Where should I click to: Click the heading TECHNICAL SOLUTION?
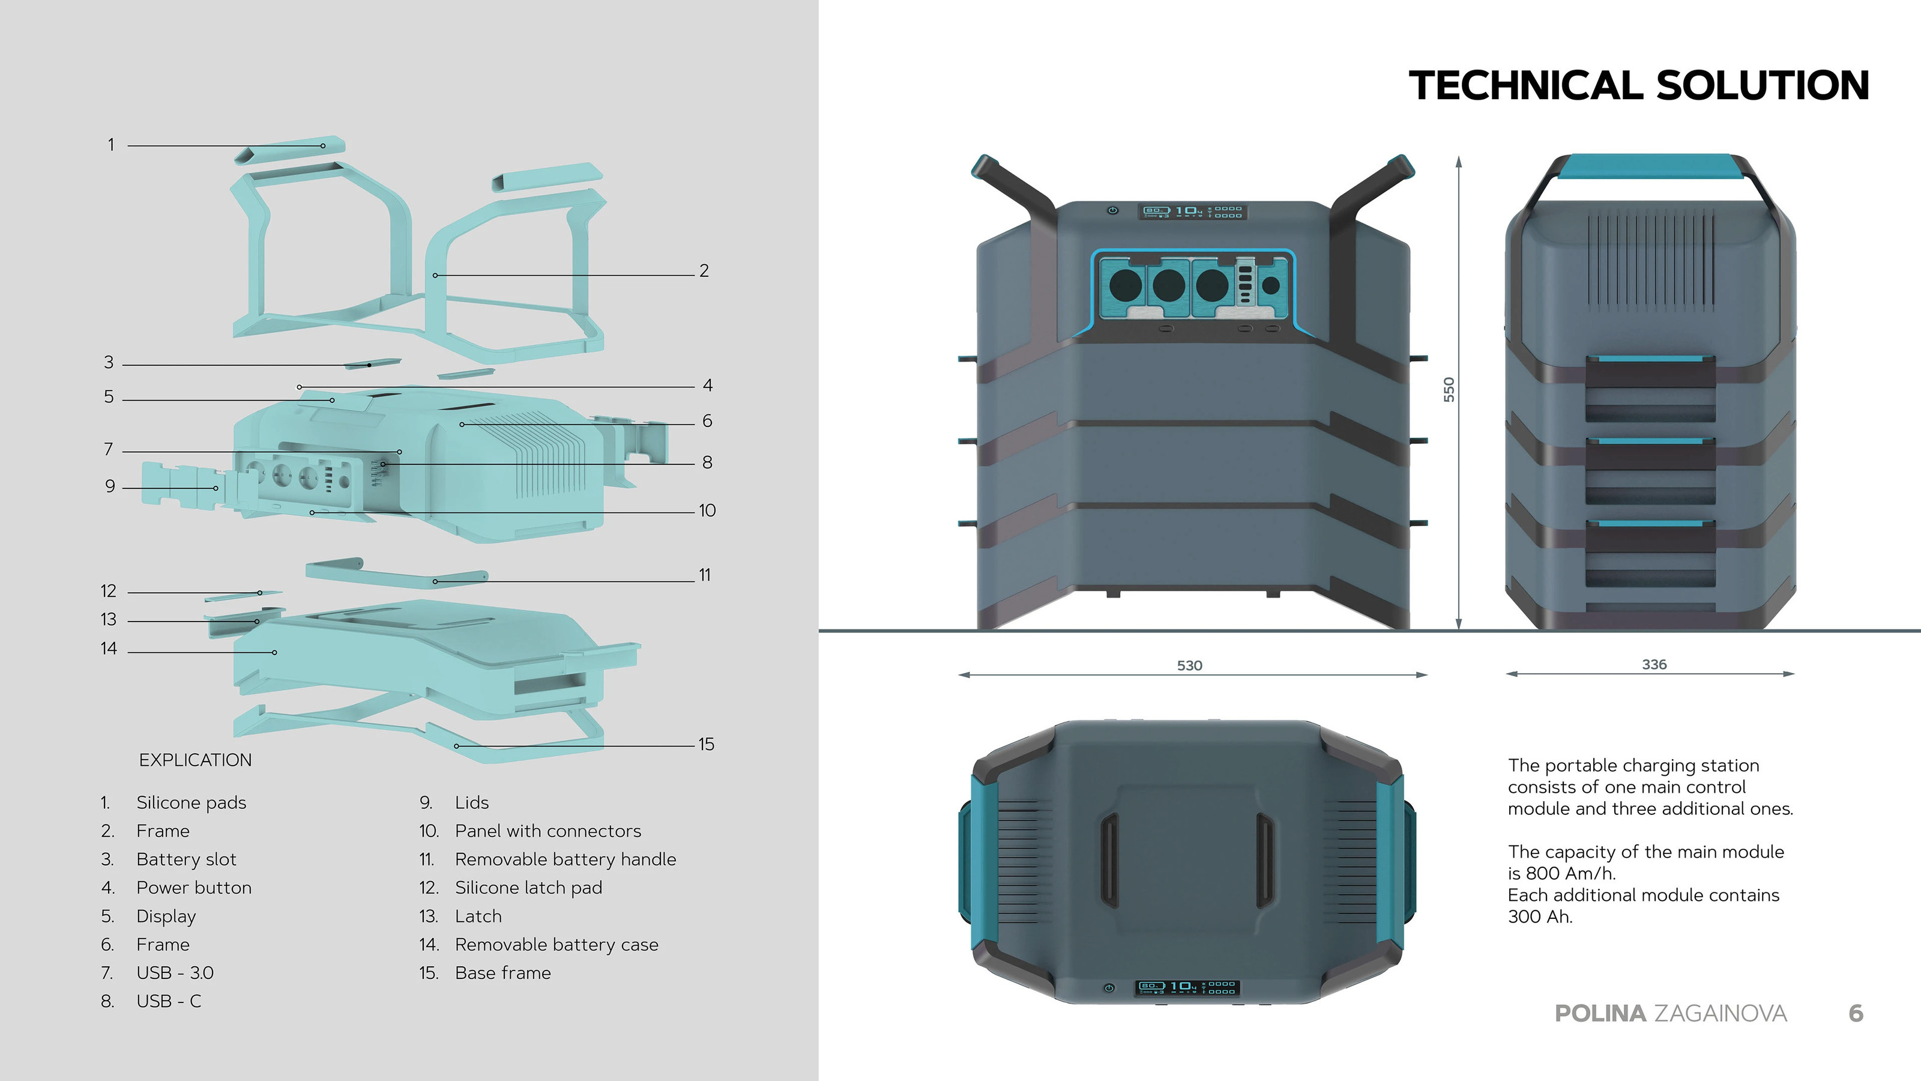(1638, 85)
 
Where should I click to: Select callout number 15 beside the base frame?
(705, 745)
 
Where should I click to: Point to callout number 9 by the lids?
(110, 486)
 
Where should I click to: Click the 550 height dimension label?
(1448, 389)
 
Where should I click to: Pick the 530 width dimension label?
(1189, 665)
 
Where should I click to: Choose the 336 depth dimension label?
(1654, 664)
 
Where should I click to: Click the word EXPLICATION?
(195, 760)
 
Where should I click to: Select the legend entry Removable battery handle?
(565, 859)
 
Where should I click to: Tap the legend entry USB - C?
(169, 1001)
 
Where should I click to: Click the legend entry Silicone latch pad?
(528, 888)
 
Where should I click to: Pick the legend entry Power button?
(194, 888)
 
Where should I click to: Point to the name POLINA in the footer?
(1600, 1013)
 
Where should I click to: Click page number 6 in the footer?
(1856, 1013)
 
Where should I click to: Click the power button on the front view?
(1112, 210)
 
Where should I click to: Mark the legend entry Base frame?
(502, 973)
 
